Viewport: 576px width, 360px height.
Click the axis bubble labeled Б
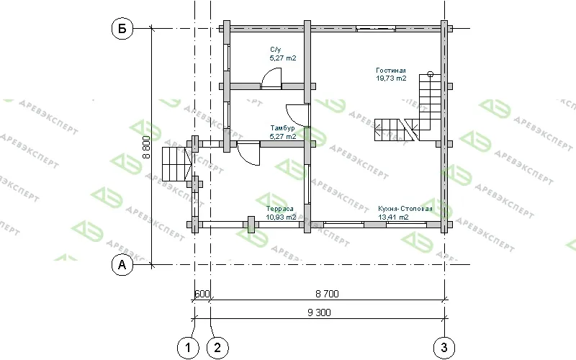122,28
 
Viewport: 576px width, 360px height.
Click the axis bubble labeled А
122,264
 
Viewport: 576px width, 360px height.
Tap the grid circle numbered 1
188,347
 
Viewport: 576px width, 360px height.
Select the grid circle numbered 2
217,347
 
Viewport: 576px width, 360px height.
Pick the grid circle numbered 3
444,347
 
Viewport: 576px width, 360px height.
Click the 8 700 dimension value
327,294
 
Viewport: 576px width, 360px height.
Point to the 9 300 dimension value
319,312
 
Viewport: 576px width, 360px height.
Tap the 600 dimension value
202,294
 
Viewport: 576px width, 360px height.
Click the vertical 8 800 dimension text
146,147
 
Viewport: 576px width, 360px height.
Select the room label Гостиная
391,70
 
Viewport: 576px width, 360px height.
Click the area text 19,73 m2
391,78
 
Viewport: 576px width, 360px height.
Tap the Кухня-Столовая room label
405,209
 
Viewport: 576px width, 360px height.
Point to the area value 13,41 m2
393,217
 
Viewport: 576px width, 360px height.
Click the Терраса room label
280,209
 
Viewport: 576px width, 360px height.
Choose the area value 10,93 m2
281,217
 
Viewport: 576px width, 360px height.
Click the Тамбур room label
282,128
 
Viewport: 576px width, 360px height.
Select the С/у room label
276,50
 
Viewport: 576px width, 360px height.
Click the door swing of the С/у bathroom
271,78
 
